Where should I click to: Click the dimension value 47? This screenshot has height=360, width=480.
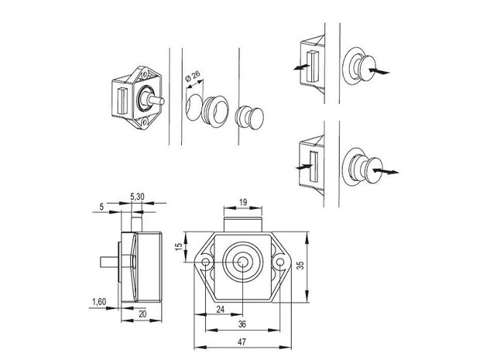(x=242, y=341)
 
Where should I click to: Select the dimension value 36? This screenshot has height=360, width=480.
(x=242, y=324)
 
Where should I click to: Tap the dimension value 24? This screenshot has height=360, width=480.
(x=221, y=309)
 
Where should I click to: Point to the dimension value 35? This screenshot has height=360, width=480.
(x=301, y=265)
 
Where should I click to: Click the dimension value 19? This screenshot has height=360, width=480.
(x=243, y=202)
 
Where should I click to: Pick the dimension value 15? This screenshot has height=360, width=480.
(x=179, y=245)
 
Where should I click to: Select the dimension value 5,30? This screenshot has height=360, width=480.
(x=137, y=197)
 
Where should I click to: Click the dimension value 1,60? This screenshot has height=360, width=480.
(x=99, y=302)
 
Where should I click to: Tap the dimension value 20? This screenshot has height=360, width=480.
(x=142, y=314)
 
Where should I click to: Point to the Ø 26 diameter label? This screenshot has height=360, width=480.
(x=193, y=76)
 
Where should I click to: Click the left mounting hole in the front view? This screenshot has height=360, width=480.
(x=206, y=262)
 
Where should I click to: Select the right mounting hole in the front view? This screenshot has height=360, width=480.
(x=279, y=262)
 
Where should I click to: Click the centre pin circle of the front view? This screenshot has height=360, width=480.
(x=242, y=262)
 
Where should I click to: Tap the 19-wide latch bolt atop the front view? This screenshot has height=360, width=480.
(x=243, y=225)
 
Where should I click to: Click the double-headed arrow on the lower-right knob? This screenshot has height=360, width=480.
(x=386, y=171)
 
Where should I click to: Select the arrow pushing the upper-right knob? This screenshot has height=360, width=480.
(x=379, y=71)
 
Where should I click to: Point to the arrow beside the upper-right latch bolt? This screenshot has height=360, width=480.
(x=300, y=67)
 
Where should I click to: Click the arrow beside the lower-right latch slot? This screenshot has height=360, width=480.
(x=304, y=166)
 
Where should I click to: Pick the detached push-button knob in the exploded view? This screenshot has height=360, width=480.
(x=250, y=117)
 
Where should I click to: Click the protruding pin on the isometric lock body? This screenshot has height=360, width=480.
(x=156, y=100)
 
